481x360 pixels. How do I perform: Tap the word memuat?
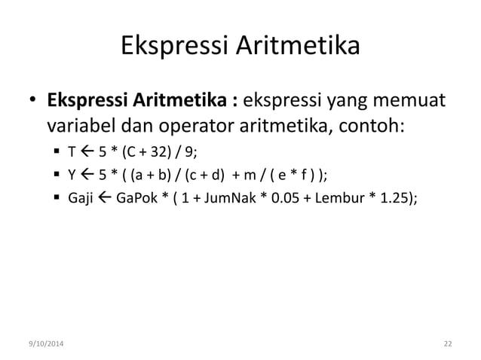click(x=411, y=100)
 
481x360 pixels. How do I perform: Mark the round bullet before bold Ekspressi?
click(x=34, y=101)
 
